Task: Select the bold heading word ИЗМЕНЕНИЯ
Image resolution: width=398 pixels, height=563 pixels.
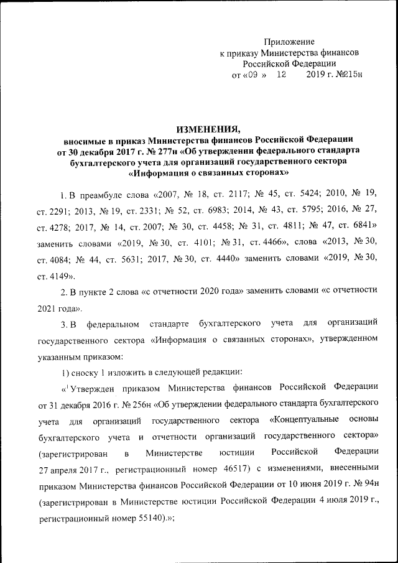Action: point(208,129)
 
